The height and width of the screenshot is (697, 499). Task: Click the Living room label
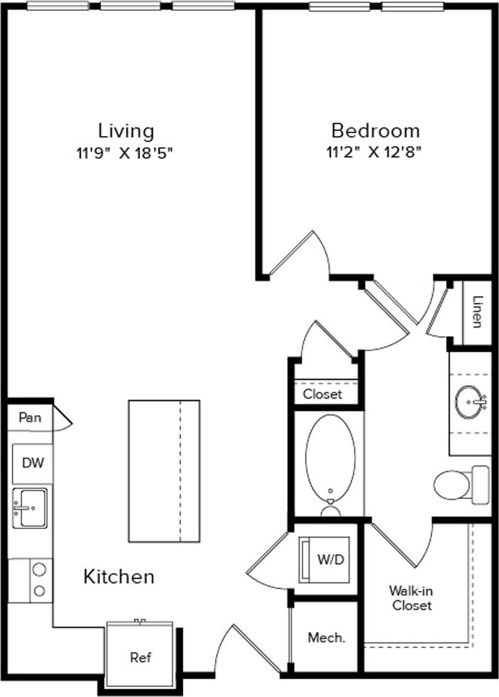point(126,131)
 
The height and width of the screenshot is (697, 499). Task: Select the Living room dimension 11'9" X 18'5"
point(126,152)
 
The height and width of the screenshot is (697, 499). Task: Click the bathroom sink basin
point(470,403)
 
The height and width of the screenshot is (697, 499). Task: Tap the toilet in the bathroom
point(459,486)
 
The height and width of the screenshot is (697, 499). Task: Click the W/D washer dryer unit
point(325,559)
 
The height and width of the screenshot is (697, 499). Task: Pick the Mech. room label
point(326,638)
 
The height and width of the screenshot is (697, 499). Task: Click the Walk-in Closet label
point(410,598)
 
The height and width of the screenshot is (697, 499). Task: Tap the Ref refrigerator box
point(140,657)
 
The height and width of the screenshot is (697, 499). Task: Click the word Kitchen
point(120,576)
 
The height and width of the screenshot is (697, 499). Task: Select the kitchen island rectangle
point(164,471)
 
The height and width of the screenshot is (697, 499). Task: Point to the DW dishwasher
point(33,463)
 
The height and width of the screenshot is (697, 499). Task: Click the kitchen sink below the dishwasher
point(30,508)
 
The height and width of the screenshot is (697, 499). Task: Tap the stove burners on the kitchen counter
point(39,580)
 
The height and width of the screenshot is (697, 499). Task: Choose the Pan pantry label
point(30,417)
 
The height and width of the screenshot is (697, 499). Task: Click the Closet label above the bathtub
point(322,394)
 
